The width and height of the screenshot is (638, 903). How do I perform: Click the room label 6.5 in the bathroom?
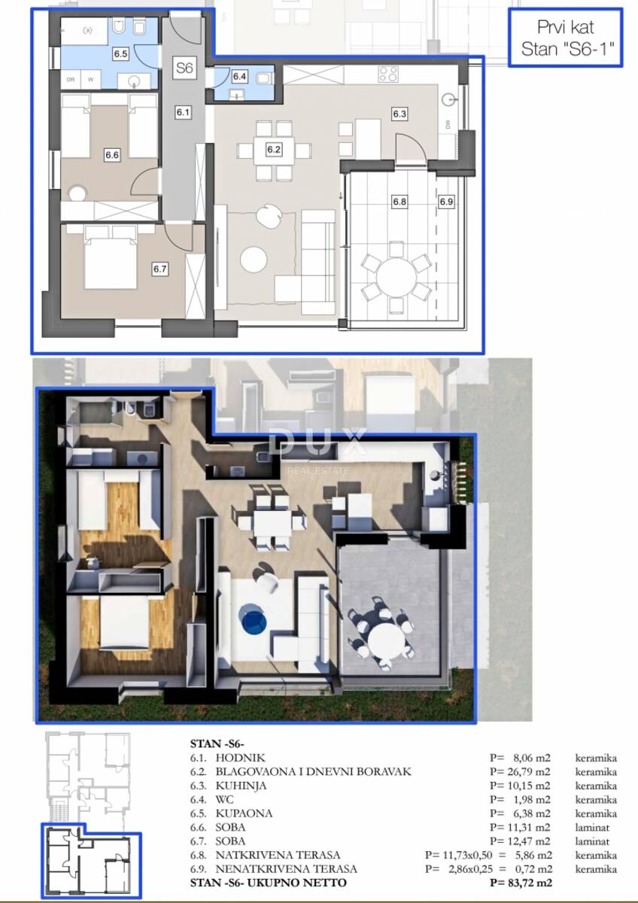click(x=120, y=53)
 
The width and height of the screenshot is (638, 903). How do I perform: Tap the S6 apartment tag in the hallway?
click(x=184, y=67)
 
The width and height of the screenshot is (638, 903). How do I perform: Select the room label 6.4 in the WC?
click(x=240, y=76)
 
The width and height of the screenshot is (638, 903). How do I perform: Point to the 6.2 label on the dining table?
click(x=274, y=150)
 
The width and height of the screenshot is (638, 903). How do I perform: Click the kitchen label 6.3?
click(x=400, y=114)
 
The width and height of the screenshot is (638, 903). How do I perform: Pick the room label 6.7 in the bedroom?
click(x=160, y=269)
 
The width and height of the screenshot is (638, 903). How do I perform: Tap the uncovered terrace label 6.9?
click(x=447, y=202)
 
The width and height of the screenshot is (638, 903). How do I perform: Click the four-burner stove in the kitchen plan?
click(x=388, y=74)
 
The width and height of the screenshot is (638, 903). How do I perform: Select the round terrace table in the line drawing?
click(x=396, y=278)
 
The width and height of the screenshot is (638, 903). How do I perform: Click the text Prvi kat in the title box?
click(x=566, y=27)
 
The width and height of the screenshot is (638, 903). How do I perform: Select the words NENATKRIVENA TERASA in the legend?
click(x=286, y=868)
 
